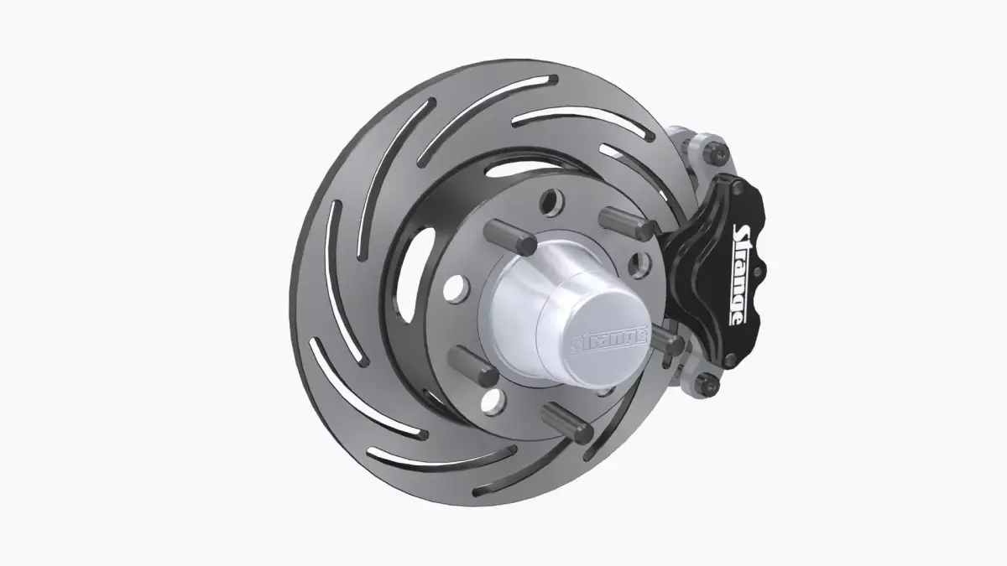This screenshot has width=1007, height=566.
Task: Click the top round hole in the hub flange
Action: (x=550, y=201)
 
